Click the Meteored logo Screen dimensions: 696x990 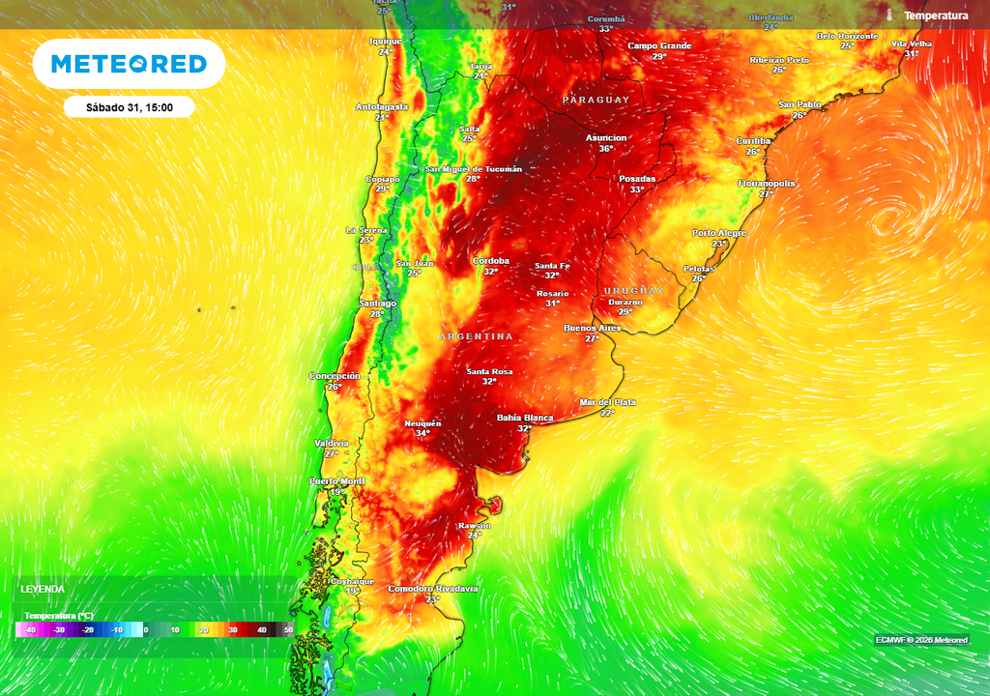click(x=129, y=64)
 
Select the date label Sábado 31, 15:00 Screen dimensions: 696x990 click(x=129, y=107)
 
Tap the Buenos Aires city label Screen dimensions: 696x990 click(x=592, y=328)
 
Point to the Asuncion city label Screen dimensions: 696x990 click(x=606, y=137)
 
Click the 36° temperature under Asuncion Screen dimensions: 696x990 click(x=606, y=149)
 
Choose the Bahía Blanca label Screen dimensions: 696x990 click(x=525, y=418)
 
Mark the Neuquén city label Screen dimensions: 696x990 click(x=422, y=422)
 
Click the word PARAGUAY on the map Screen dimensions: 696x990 click(x=596, y=101)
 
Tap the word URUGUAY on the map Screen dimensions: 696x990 click(x=634, y=291)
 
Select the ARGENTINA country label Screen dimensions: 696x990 click(x=477, y=336)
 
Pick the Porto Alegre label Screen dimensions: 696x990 click(x=719, y=233)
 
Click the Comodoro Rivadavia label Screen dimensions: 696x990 click(x=432, y=588)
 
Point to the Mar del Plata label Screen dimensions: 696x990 click(x=607, y=401)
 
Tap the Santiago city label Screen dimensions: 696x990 click(x=377, y=303)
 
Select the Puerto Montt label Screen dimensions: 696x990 click(x=337, y=480)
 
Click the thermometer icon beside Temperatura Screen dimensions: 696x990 click(x=888, y=15)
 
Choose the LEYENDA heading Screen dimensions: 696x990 click(x=43, y=589)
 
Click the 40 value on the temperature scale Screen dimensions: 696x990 click(x=261, y=630)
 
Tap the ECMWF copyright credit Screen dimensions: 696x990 click(x=922, y=640)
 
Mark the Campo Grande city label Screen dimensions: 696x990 click(x=659, y=45)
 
